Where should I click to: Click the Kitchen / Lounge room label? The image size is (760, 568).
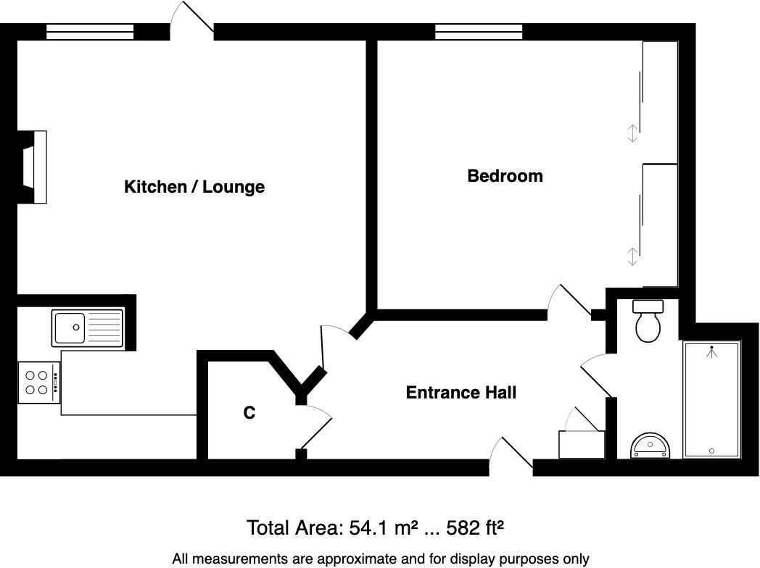[x=194, y=187]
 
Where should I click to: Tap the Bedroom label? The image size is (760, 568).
[x=505, y=176]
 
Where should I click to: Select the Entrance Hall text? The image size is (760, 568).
[x=460, y=393]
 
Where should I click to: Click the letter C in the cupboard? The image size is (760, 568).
[x=249, y=413]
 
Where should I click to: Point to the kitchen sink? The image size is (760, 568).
[x=88, y=327]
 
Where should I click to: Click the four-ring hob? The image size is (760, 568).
[x=38, y=383]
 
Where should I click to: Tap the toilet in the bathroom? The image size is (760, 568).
[x=648, y=321]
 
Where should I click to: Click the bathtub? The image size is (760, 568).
[x=711, y=398]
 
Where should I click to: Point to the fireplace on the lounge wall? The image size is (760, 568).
[x=34, y=167]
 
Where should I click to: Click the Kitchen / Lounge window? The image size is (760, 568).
[x=90, y=31]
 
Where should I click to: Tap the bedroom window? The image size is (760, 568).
[x=479, y=31]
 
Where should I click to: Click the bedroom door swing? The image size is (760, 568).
[x=569, y=299]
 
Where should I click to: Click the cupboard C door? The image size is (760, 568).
[x=315, y=427]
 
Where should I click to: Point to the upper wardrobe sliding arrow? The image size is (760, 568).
[x=632, y=133]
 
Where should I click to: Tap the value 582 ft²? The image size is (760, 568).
[x=476, y=527]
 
